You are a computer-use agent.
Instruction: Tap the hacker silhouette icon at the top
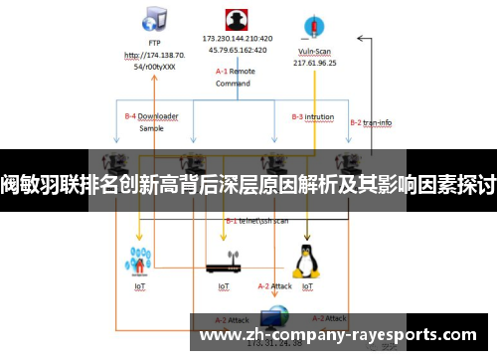coord(236,21)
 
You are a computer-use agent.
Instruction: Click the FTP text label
coord(154,43)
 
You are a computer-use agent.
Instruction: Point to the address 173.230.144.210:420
coord(237,39)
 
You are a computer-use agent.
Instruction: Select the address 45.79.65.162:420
coord(237,50)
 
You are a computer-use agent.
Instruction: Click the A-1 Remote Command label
coord(236,78)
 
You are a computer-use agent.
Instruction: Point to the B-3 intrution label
coord(312,116)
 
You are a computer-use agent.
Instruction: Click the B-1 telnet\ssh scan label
coord(256,220)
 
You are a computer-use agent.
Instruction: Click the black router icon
coord(226,268)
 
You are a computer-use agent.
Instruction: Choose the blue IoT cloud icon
coord(139,261)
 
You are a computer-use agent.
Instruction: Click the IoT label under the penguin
coord(307,286)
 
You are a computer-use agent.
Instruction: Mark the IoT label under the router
coord(224,286)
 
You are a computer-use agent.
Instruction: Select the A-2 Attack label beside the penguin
coord(273,286)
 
